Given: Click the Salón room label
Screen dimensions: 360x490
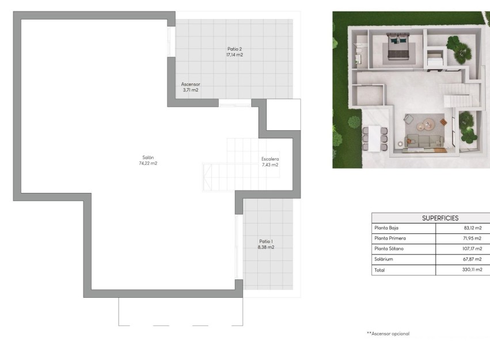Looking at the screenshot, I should pos(149,157).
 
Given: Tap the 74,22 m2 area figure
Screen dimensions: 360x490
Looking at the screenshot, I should pos(149,164).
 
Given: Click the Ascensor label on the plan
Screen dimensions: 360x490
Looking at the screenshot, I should pos(191,84).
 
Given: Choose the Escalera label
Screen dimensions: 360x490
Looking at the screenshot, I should pos(270,158).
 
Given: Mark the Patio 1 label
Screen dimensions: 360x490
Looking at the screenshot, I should pos(266,241).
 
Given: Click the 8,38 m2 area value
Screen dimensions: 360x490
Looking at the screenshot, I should pos(266,247).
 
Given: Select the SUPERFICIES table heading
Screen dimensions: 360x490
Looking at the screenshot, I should pos(440,218).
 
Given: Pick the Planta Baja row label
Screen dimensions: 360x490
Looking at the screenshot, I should pos(386,228).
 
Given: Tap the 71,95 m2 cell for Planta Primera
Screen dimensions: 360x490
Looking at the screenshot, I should pos(472,238).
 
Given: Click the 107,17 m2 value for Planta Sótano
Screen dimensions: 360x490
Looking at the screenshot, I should pos(470,249).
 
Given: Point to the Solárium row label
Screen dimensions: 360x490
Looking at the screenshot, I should pos(383,259).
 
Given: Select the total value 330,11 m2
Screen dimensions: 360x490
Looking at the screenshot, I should pos(470,270).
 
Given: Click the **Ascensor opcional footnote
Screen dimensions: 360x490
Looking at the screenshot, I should pos(388,334).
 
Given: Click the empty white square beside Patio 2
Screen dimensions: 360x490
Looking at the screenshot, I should pos(283,114).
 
